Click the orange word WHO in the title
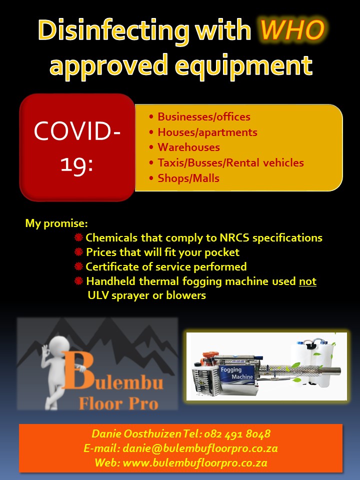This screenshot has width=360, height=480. [292, 29]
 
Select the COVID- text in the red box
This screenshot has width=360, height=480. [77, 130]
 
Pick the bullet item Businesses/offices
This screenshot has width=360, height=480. [204, 116]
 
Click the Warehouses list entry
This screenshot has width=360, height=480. [188, 147]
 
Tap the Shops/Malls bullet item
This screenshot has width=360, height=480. [188, 178]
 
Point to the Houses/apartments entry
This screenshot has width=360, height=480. [207, 132]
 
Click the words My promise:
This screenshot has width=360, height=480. [56, 223]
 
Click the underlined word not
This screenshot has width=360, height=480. [307, 281]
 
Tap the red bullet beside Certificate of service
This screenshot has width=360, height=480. [78, 266]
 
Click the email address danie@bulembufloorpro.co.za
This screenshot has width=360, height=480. [200, 448]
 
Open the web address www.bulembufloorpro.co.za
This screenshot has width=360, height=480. [195, 463]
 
